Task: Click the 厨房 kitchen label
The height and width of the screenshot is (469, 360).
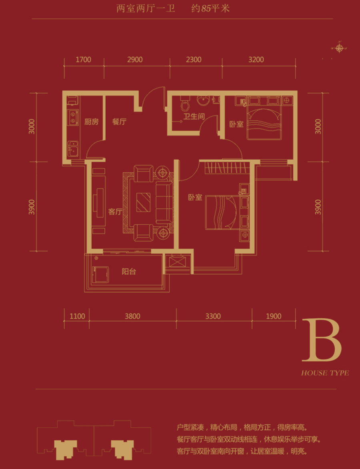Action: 92,122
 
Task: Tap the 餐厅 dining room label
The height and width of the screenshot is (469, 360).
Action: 120,122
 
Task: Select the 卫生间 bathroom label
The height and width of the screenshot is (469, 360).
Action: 194,116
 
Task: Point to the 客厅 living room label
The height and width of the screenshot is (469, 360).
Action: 115,212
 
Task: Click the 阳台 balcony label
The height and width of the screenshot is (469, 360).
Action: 129,271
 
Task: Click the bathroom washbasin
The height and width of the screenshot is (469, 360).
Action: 204,100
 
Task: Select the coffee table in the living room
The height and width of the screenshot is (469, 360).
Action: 143,202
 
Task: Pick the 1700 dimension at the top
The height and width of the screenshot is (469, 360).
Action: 83,60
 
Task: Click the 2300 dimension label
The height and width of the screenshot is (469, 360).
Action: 194,60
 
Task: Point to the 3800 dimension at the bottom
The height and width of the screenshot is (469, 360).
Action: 132,316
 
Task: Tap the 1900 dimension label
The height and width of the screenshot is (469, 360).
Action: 274,316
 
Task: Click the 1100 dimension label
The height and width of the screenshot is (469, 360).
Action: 77,316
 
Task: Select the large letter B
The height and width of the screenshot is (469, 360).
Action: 322,340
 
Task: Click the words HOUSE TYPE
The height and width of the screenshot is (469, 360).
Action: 325,373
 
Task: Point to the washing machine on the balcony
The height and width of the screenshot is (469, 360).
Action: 100,274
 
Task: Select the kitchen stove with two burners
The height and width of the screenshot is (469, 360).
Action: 73,117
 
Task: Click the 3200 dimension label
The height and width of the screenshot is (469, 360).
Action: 256,60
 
